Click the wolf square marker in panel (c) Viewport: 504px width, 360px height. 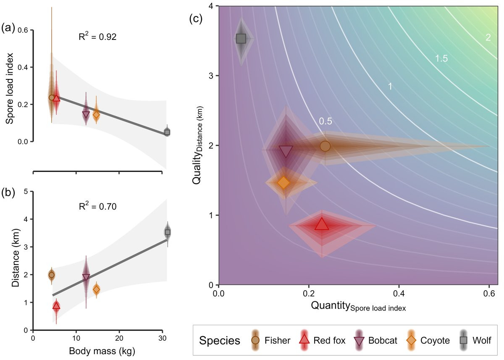coord(241,39)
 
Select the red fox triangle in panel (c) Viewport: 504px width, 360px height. coord(322,224)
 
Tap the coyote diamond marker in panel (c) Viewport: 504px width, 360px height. coord(283,183)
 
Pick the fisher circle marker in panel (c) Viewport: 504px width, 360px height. coord(325,146)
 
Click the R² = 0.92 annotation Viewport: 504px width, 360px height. coord(97,37)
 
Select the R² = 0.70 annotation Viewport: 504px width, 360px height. coord(97,206)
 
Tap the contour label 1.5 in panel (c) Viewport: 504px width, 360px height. coord(441,59)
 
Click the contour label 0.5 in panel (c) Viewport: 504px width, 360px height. coord(325,121)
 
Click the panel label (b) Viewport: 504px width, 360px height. coord(9,193)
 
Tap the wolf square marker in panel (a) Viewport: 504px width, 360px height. coord(167,132)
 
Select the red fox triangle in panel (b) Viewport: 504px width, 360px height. coord(56,306)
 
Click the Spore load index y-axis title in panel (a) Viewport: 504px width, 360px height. coord(9,88)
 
